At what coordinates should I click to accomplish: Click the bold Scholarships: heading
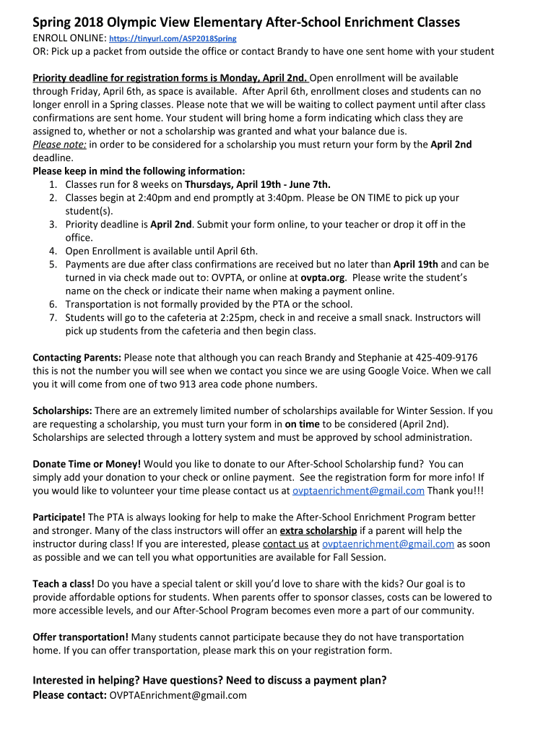(x=62, y=410)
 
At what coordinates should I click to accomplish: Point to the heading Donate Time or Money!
(x=87, y=464)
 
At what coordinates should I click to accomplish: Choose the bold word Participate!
(x=59, y=517)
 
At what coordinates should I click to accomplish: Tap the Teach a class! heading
(x=64, y=584)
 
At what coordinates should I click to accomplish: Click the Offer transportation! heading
(x=81, y=637)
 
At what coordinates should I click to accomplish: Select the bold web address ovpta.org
(x=322, y=277)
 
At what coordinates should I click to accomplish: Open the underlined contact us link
(x=285, y=544)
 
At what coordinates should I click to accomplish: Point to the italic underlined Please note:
(x=60, y=144)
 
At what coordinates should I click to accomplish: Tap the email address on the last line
(x=177, y=695)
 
